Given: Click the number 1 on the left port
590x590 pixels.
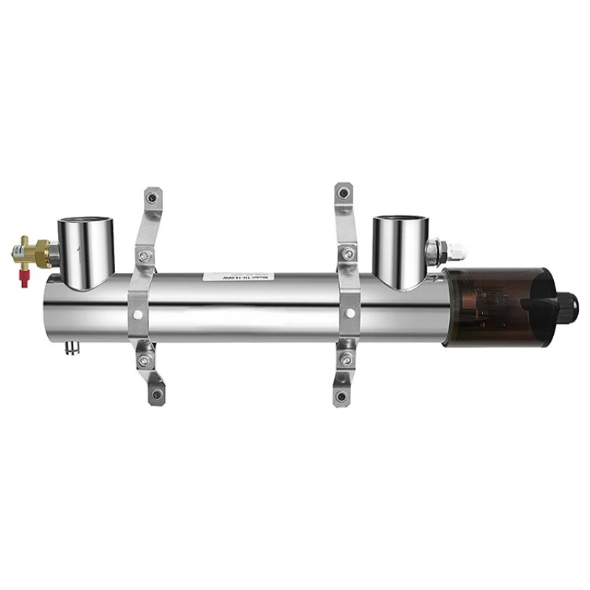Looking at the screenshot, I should point(80,254).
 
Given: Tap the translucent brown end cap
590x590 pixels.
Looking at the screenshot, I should point(487,305).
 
